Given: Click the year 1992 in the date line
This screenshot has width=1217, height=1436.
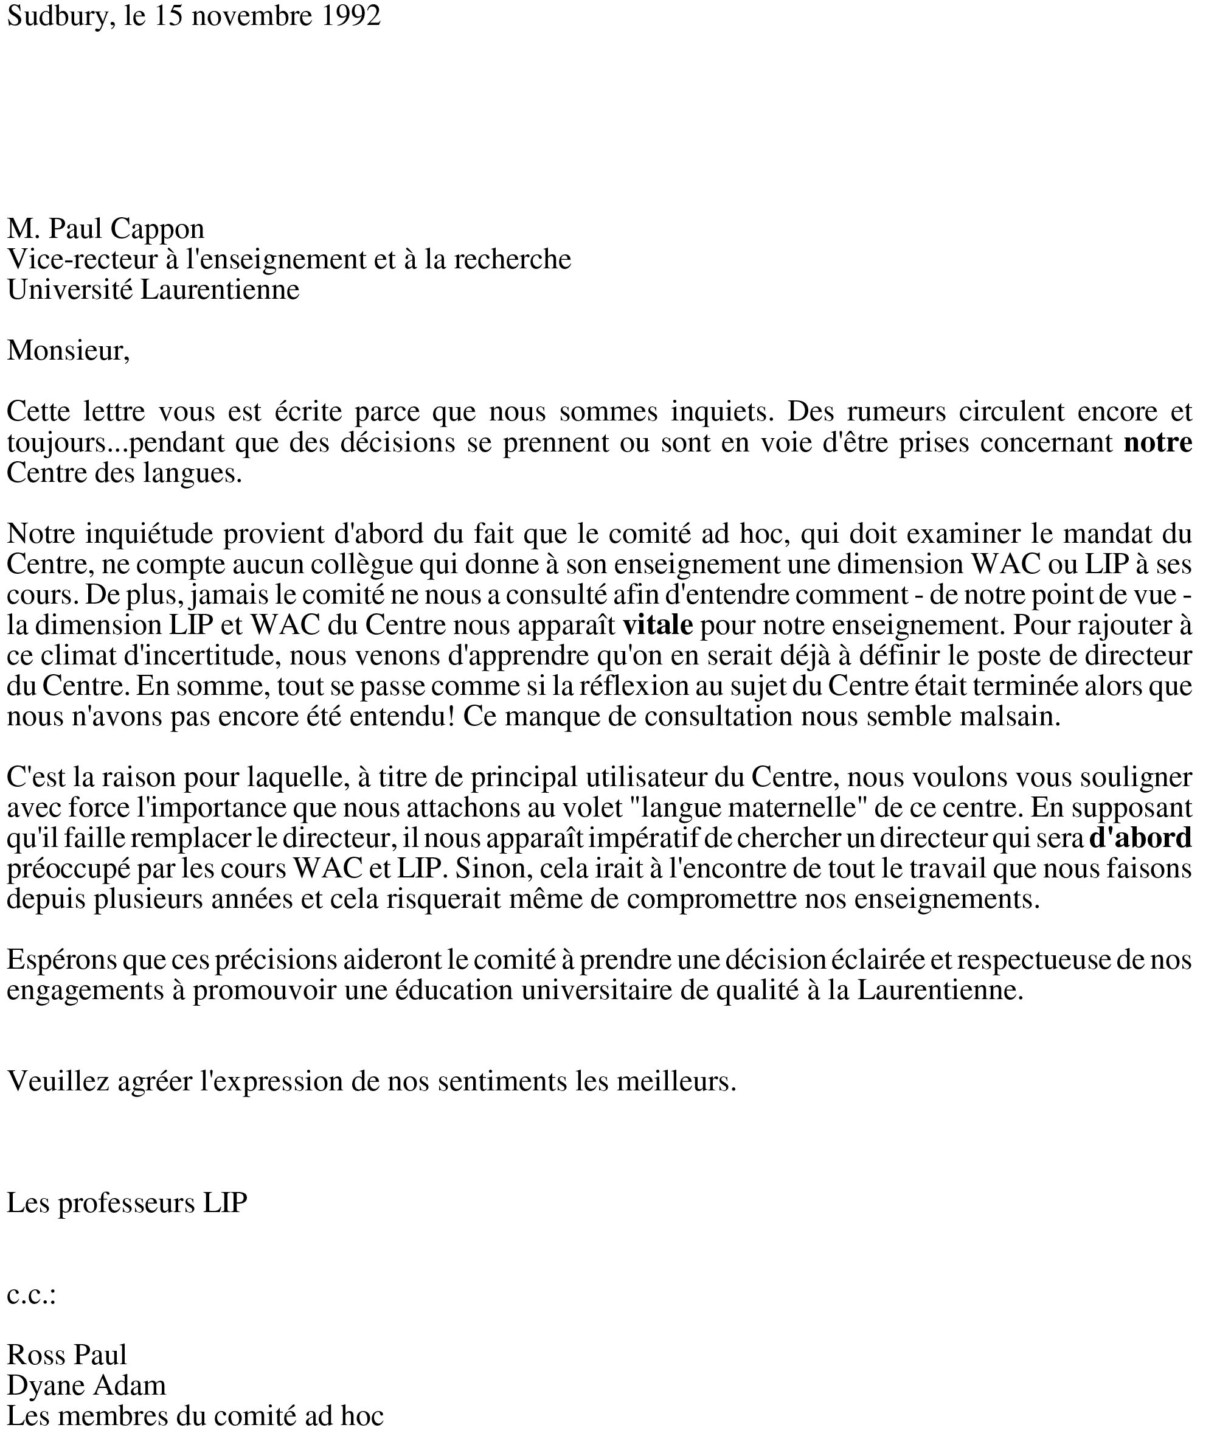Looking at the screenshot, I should [x=351, y=16].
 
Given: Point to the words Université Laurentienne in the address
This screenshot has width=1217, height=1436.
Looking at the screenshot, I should [x=153, y=289].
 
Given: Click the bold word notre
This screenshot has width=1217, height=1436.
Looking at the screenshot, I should [x=1157, y=442].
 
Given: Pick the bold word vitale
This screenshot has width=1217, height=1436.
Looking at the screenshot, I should [x=657, y=624].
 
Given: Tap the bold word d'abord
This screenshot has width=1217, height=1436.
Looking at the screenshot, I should [x=1140, y=838].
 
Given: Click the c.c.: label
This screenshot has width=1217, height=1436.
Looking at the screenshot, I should [x=31, y=1295].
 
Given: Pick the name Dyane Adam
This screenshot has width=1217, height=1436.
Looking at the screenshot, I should [x=86, y=1385].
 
